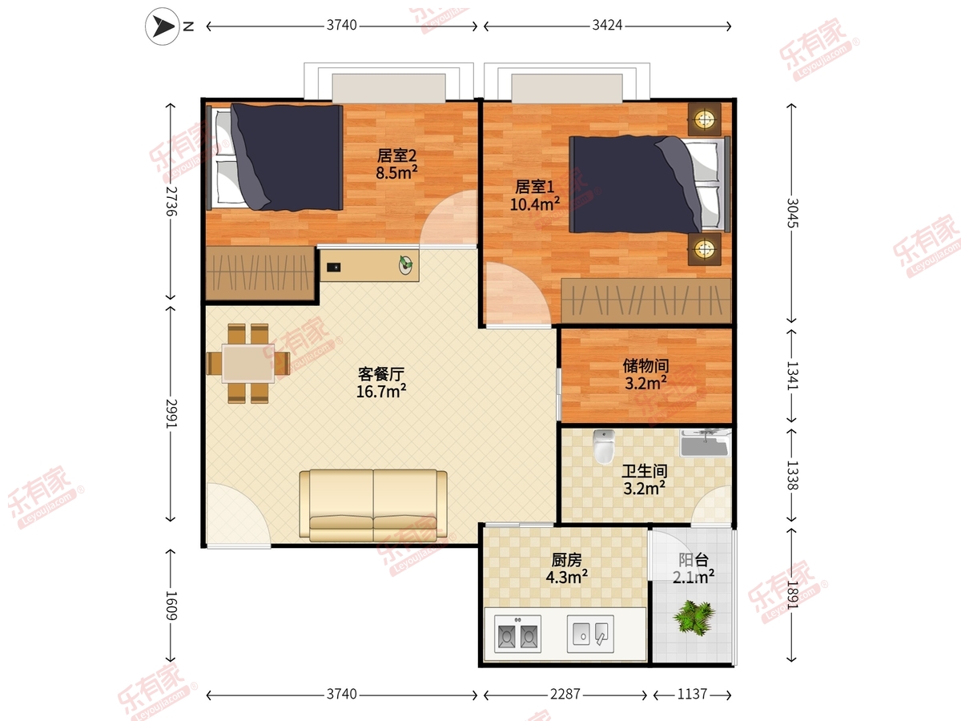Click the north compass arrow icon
[163, 26]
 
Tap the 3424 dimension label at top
[607, 26]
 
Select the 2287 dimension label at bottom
[565, 694]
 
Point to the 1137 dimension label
[692, 694]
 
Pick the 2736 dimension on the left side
[171, 201]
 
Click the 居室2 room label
[396, 155]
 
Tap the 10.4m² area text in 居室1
[535, 204]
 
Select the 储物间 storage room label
[645, 365]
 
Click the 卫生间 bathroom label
[645, 471]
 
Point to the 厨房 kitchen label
[566, 560]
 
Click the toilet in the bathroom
[604, 446]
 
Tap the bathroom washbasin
[705, 443]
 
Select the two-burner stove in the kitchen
[517, 634]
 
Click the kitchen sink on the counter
[590, 634]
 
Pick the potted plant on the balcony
[694, 617]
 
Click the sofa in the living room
[373, 506]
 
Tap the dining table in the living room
[248, 364]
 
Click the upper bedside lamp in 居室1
[705, 119]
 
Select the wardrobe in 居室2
[260, 274]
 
